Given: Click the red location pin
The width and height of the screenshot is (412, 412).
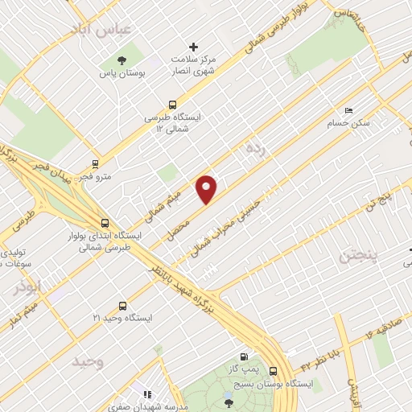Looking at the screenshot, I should point(207,189).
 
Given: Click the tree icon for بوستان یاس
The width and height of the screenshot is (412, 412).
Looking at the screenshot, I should point(122,60).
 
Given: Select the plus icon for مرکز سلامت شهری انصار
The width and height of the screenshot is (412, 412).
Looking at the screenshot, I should point(193,46).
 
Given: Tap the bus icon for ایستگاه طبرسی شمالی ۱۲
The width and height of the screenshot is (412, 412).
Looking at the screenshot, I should point(172,104).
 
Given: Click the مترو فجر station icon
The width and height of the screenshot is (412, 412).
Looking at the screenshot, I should point(96,163).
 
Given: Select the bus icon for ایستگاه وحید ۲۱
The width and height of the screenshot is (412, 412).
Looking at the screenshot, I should point(122,306).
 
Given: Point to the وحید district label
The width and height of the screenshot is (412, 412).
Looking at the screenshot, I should point(88,360).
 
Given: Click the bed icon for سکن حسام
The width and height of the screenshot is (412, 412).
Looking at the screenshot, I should point(348,110).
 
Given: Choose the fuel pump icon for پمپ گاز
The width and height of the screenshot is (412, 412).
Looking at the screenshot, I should point(244,356).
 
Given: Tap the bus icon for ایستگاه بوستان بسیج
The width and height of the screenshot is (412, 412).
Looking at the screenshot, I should point(274,371).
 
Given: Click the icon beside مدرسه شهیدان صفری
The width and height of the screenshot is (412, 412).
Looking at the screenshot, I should point(146,394).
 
